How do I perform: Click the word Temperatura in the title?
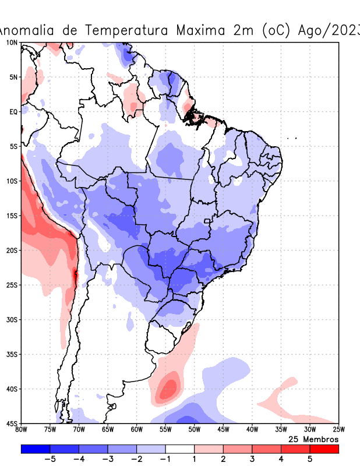click(133, 30)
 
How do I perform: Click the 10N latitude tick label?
click(11, 43)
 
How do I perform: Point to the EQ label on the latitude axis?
click(13, 111)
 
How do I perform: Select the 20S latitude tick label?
click(11, 250)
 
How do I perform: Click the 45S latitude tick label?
click(11, 423)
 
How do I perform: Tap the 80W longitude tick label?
click(21, 430)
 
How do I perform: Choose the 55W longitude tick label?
click(165, 430)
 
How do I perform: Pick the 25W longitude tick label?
click(338, 430)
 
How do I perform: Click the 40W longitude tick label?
click(252, 430)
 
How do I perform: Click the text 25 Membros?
click(313, 439)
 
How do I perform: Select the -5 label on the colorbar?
click(50, 459)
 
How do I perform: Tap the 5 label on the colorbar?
click(310, 459)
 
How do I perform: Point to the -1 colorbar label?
click(165, 459)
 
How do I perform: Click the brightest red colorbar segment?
click(324, 449)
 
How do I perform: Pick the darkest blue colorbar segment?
click(35, 449)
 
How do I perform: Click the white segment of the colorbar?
click(180, 449)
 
